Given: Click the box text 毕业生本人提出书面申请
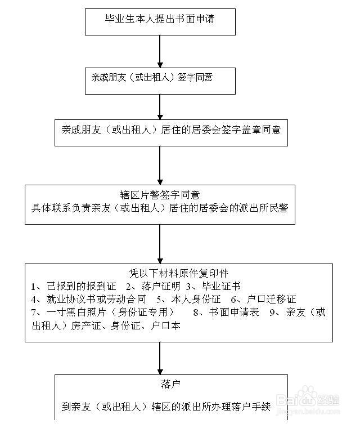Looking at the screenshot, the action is (160, 19).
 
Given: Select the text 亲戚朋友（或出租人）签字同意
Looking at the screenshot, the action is (152, 77).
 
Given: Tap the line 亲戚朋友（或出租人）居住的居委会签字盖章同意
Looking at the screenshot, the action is (171, 130).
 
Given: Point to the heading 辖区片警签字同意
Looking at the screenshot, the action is (160, 195).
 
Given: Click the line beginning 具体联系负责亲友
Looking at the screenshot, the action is (160, 208).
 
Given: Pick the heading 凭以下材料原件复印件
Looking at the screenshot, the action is (179, 273).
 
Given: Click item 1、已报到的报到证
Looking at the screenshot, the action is (74, 286).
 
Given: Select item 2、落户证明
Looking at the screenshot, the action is (153, 286).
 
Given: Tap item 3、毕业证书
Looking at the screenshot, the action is (213, 286).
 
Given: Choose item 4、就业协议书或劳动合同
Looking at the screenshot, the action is (88, 299).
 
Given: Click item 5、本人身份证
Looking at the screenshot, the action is (189, 299).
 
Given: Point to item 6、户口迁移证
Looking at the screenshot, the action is (264, 299).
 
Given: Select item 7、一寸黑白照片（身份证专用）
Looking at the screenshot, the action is (102, 313).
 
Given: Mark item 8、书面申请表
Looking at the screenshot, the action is (226, 313).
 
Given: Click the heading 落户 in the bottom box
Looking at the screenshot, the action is (170, 384).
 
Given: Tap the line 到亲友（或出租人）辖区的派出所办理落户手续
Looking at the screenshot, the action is (166, 407).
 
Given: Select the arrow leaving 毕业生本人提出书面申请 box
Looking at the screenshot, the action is (160, 51).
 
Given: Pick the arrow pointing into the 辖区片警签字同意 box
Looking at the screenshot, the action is (160, 166).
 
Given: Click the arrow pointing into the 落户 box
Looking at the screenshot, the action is (160, 358).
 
